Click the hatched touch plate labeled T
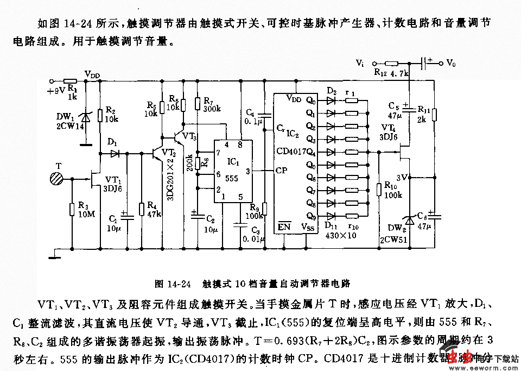click(x=56, y=178)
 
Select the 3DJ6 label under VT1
click(x=113, y=189)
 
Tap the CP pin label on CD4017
click(x=282, y=170)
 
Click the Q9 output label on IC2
click(x=310, y=215)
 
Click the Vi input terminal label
click(x=360, y=63)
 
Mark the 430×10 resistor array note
click(x=341, y=235)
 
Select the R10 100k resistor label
click(x=393, y=190)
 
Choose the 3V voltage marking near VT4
click(x=402, y=177)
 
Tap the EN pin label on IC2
click(x=284, y=226)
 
